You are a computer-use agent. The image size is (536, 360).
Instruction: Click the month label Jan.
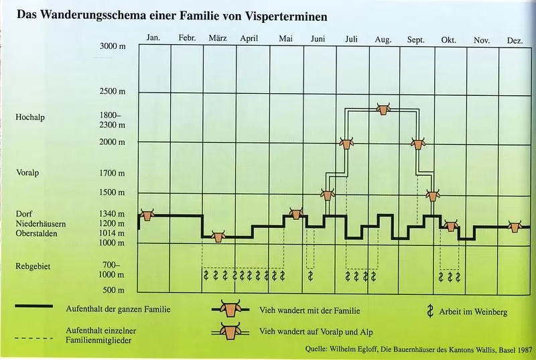pyautogui.click(x=153, y=38)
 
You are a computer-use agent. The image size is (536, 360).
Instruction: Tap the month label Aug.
pyautogui.click(x=383, y=40)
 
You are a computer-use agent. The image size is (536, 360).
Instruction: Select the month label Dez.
pyautogui.click(x=515, y=41)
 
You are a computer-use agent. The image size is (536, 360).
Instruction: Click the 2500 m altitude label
pyautogui.click(x=113, y=92)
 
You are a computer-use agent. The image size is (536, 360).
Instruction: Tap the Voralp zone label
pyautogui.click(x=27, y=172)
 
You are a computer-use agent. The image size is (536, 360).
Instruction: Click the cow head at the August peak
pyautogui.click(x=383, y=107)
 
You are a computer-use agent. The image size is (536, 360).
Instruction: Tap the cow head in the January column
pyautogui.click(x=147, y=215)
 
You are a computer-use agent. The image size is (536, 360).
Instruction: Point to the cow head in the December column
pyautogui.click(x=515, y=227)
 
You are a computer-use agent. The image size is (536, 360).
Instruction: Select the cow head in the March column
pyautogui.click(x=218, y=236)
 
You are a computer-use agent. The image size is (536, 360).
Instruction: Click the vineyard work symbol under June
pyautogui.click(x=310, y=275)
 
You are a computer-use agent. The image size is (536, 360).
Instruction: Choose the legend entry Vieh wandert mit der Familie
pyautogui.click(x=310, y=311)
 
